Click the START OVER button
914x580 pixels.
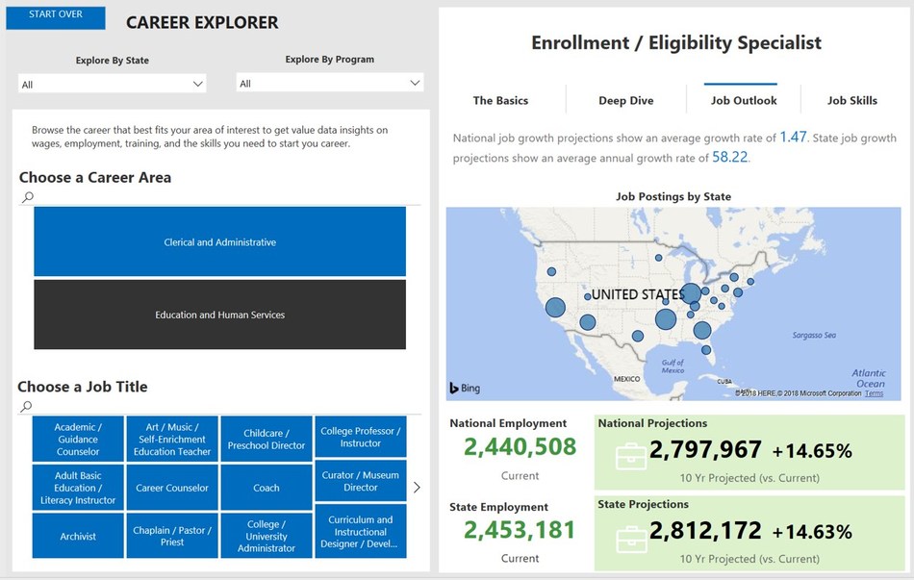(55, 15)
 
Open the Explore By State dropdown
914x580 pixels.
(113, 85)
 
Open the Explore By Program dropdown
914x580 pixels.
(329, 84)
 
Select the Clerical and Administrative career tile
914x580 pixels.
(219, 242)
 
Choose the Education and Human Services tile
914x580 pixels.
(219, 315)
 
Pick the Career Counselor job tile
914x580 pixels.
(172, 488)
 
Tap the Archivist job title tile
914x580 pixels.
(78, 536)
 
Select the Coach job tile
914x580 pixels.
(267, 488)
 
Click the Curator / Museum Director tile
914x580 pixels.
(361, 481)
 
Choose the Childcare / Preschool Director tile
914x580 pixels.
(267, 439)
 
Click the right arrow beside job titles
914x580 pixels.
(417, 488)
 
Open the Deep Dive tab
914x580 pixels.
(626, 101)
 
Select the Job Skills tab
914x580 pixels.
(851, 101)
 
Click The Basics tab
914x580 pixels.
(500, 101)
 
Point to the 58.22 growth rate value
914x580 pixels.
(729, 158)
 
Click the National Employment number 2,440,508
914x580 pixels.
(520, 447)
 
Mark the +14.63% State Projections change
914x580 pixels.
(812, 532)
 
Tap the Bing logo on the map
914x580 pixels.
(465, 389)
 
